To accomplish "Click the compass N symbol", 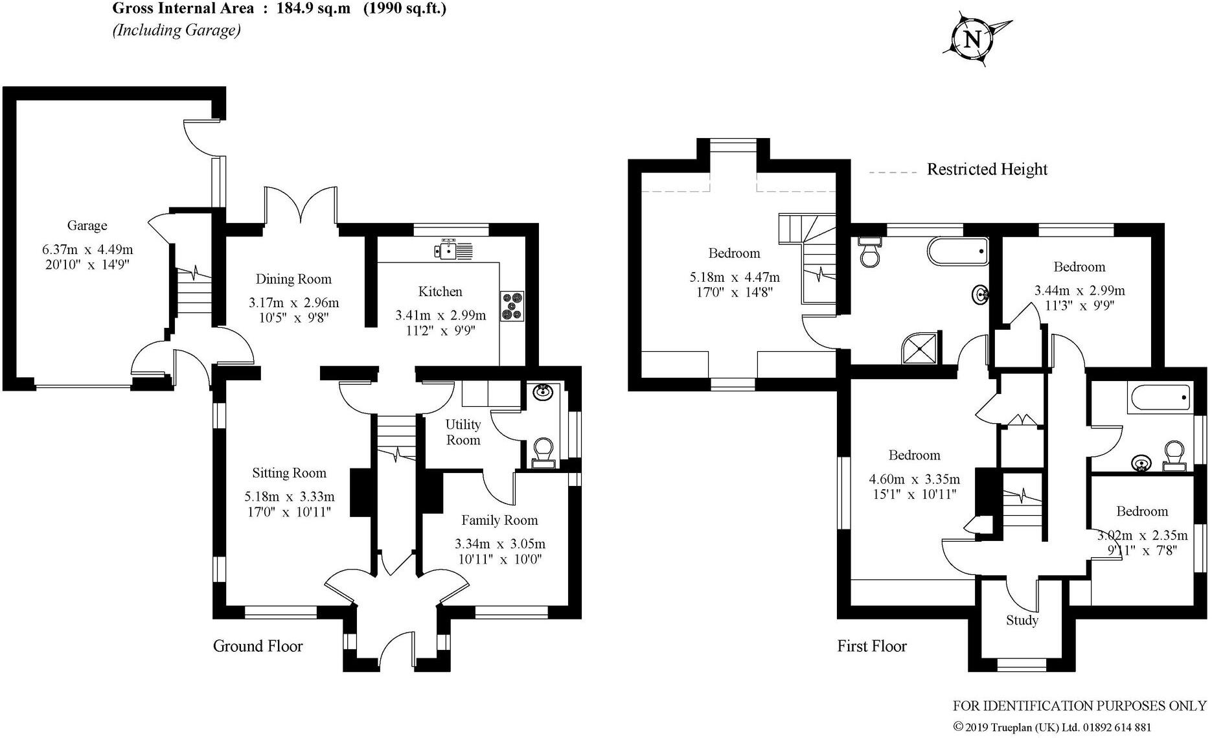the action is coord(972,40).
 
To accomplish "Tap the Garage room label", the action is coord(87,225).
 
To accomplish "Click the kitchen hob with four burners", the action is coord(512,306).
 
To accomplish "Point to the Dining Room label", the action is coord(293,279).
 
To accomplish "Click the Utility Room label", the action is coord(463,432).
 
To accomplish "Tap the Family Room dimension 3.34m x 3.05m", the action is coord(499,544).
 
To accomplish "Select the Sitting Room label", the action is coord(289,473).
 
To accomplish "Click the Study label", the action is coord(1022,621).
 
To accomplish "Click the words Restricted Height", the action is coord(987,170).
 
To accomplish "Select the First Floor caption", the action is coord(871,646).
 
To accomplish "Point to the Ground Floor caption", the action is coord(258,646).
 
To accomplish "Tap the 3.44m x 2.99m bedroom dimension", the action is coord(1079,291).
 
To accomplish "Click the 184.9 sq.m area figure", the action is coord(305,8).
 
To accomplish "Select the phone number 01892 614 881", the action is coord(1114,728).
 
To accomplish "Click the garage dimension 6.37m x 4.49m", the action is coord(87,249).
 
